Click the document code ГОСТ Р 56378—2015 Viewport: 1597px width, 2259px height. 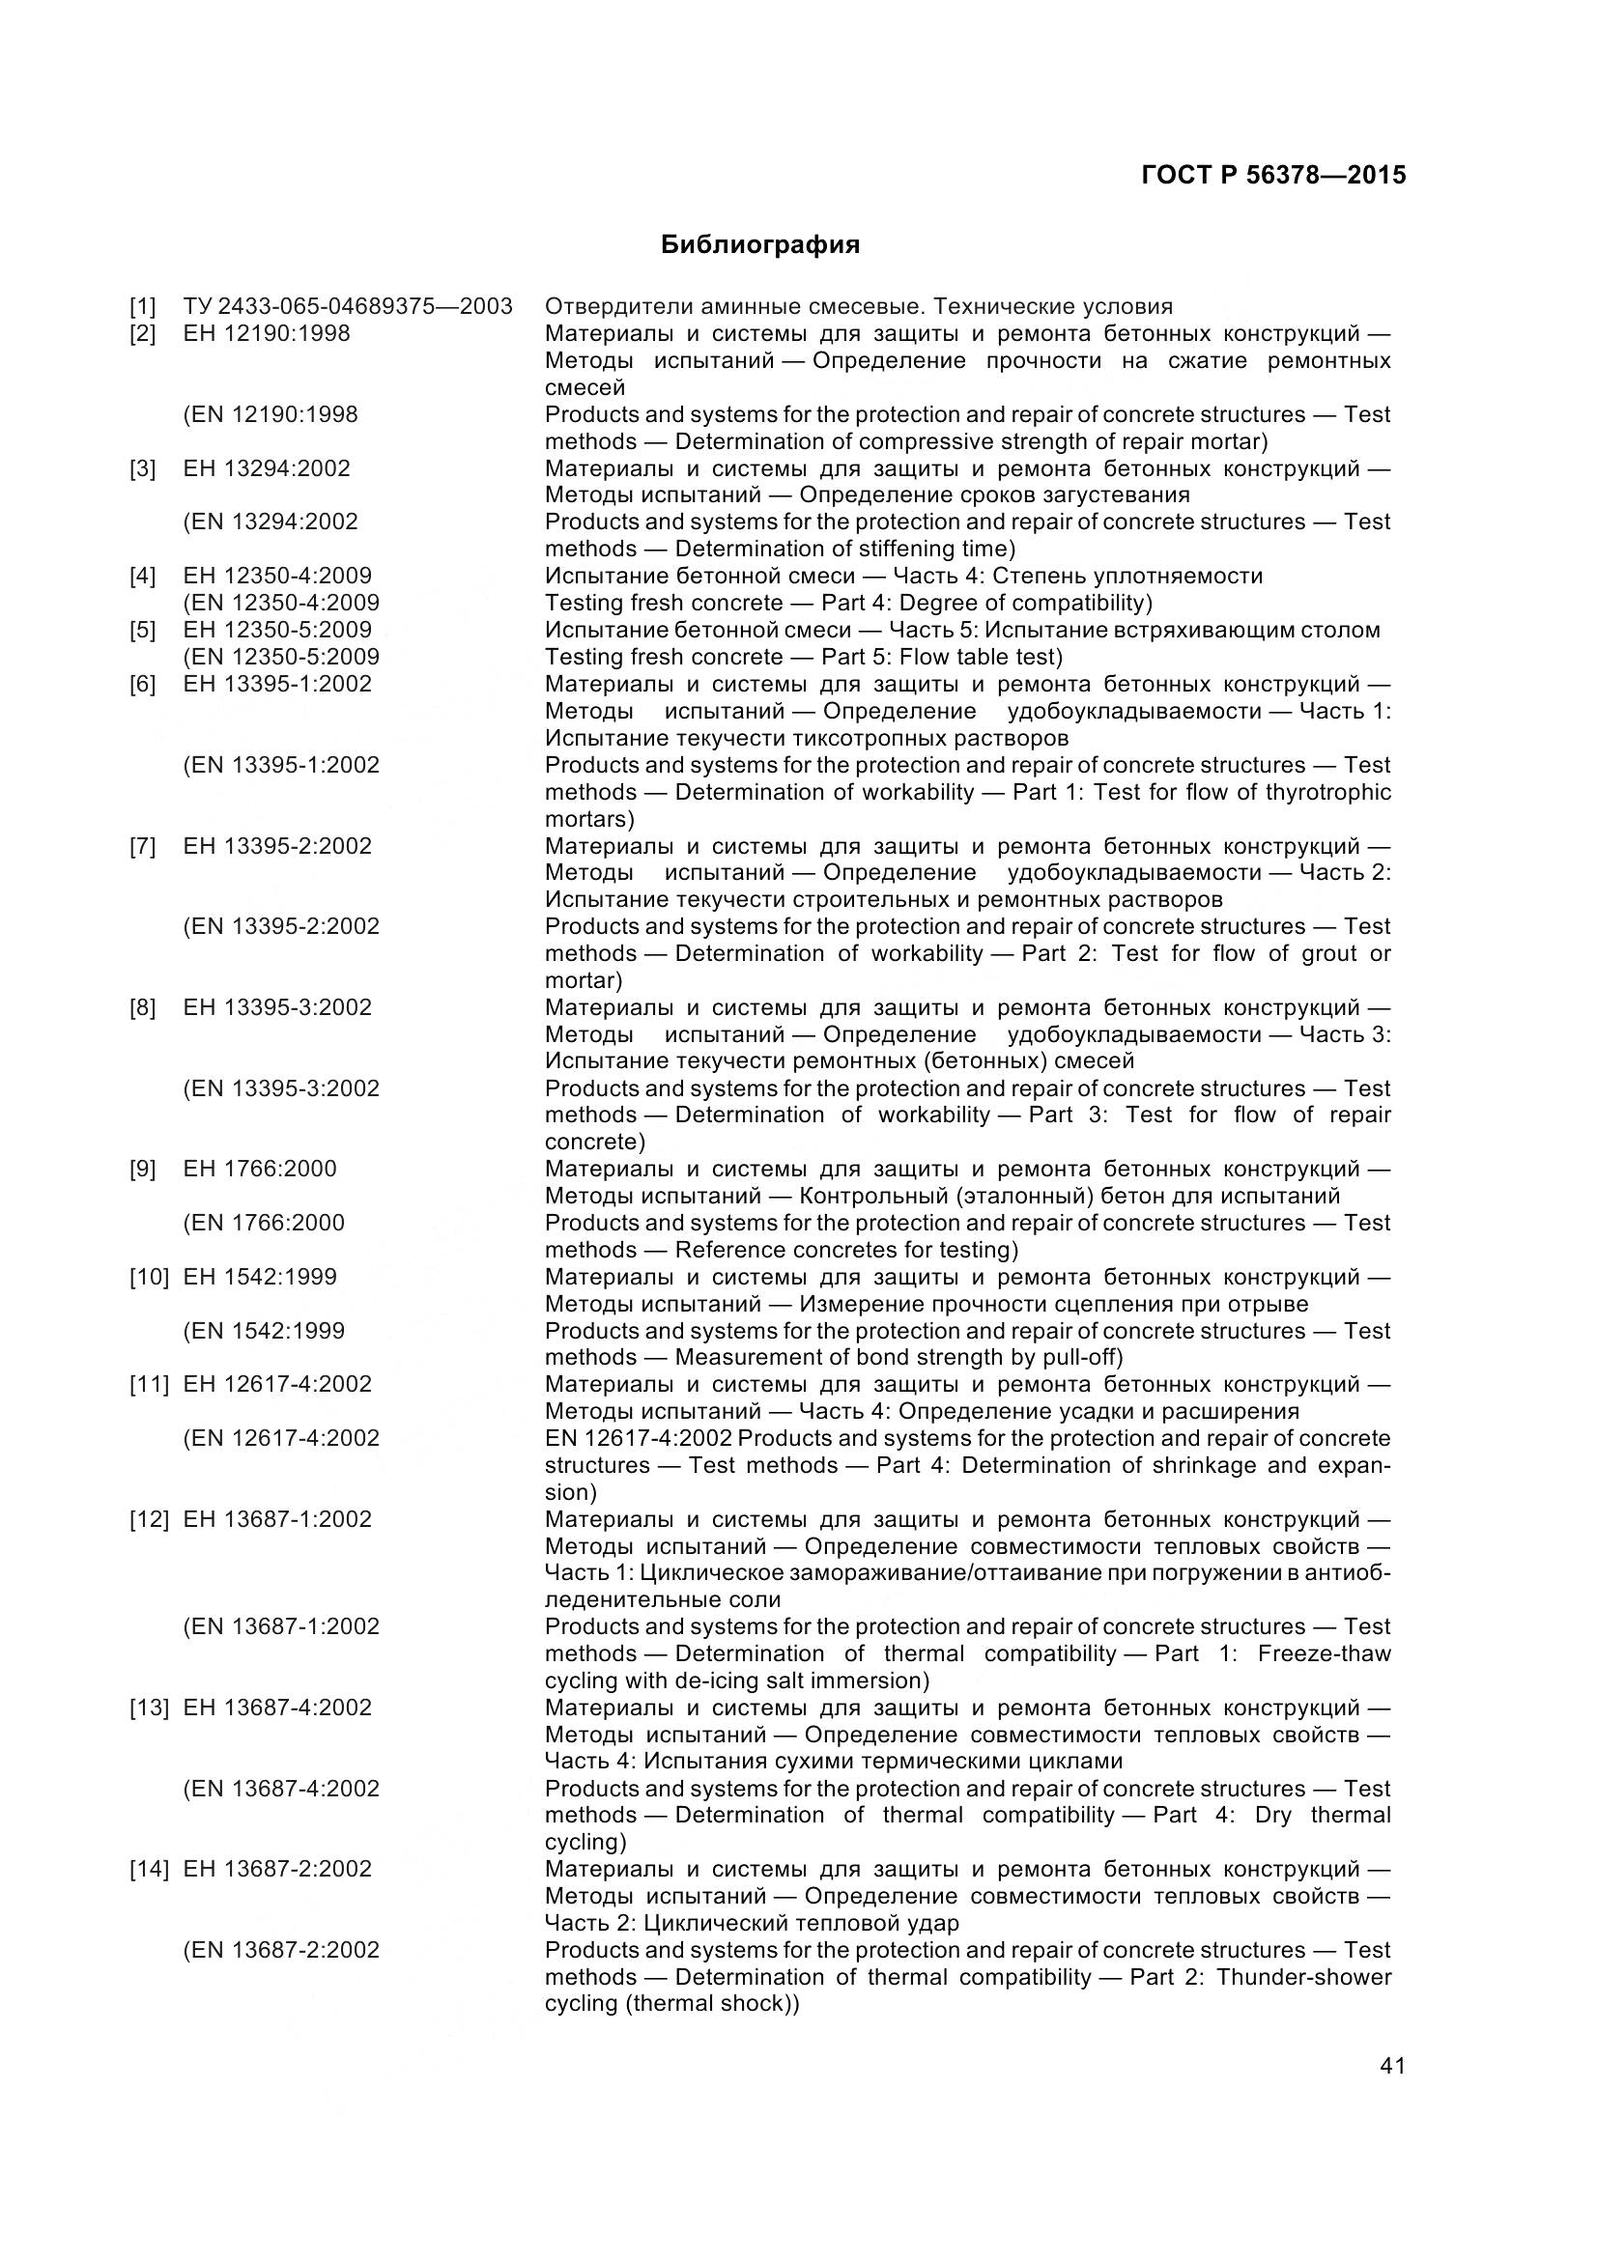(1273, 175)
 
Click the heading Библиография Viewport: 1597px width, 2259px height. (759, 245)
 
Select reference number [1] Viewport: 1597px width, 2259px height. (143, 306)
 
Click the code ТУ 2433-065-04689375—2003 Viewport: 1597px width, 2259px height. (348, 306)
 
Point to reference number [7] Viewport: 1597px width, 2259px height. (143, 846)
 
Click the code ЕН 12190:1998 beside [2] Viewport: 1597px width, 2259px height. (266, 333)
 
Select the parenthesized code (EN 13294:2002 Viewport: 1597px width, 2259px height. (271, 522)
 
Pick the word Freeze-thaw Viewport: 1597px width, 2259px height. (1324, 1652)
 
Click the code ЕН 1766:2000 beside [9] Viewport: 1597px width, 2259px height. (259, 1169)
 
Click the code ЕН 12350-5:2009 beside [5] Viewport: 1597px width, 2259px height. (276, 630)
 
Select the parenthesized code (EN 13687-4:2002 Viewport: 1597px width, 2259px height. (281, 1788)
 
